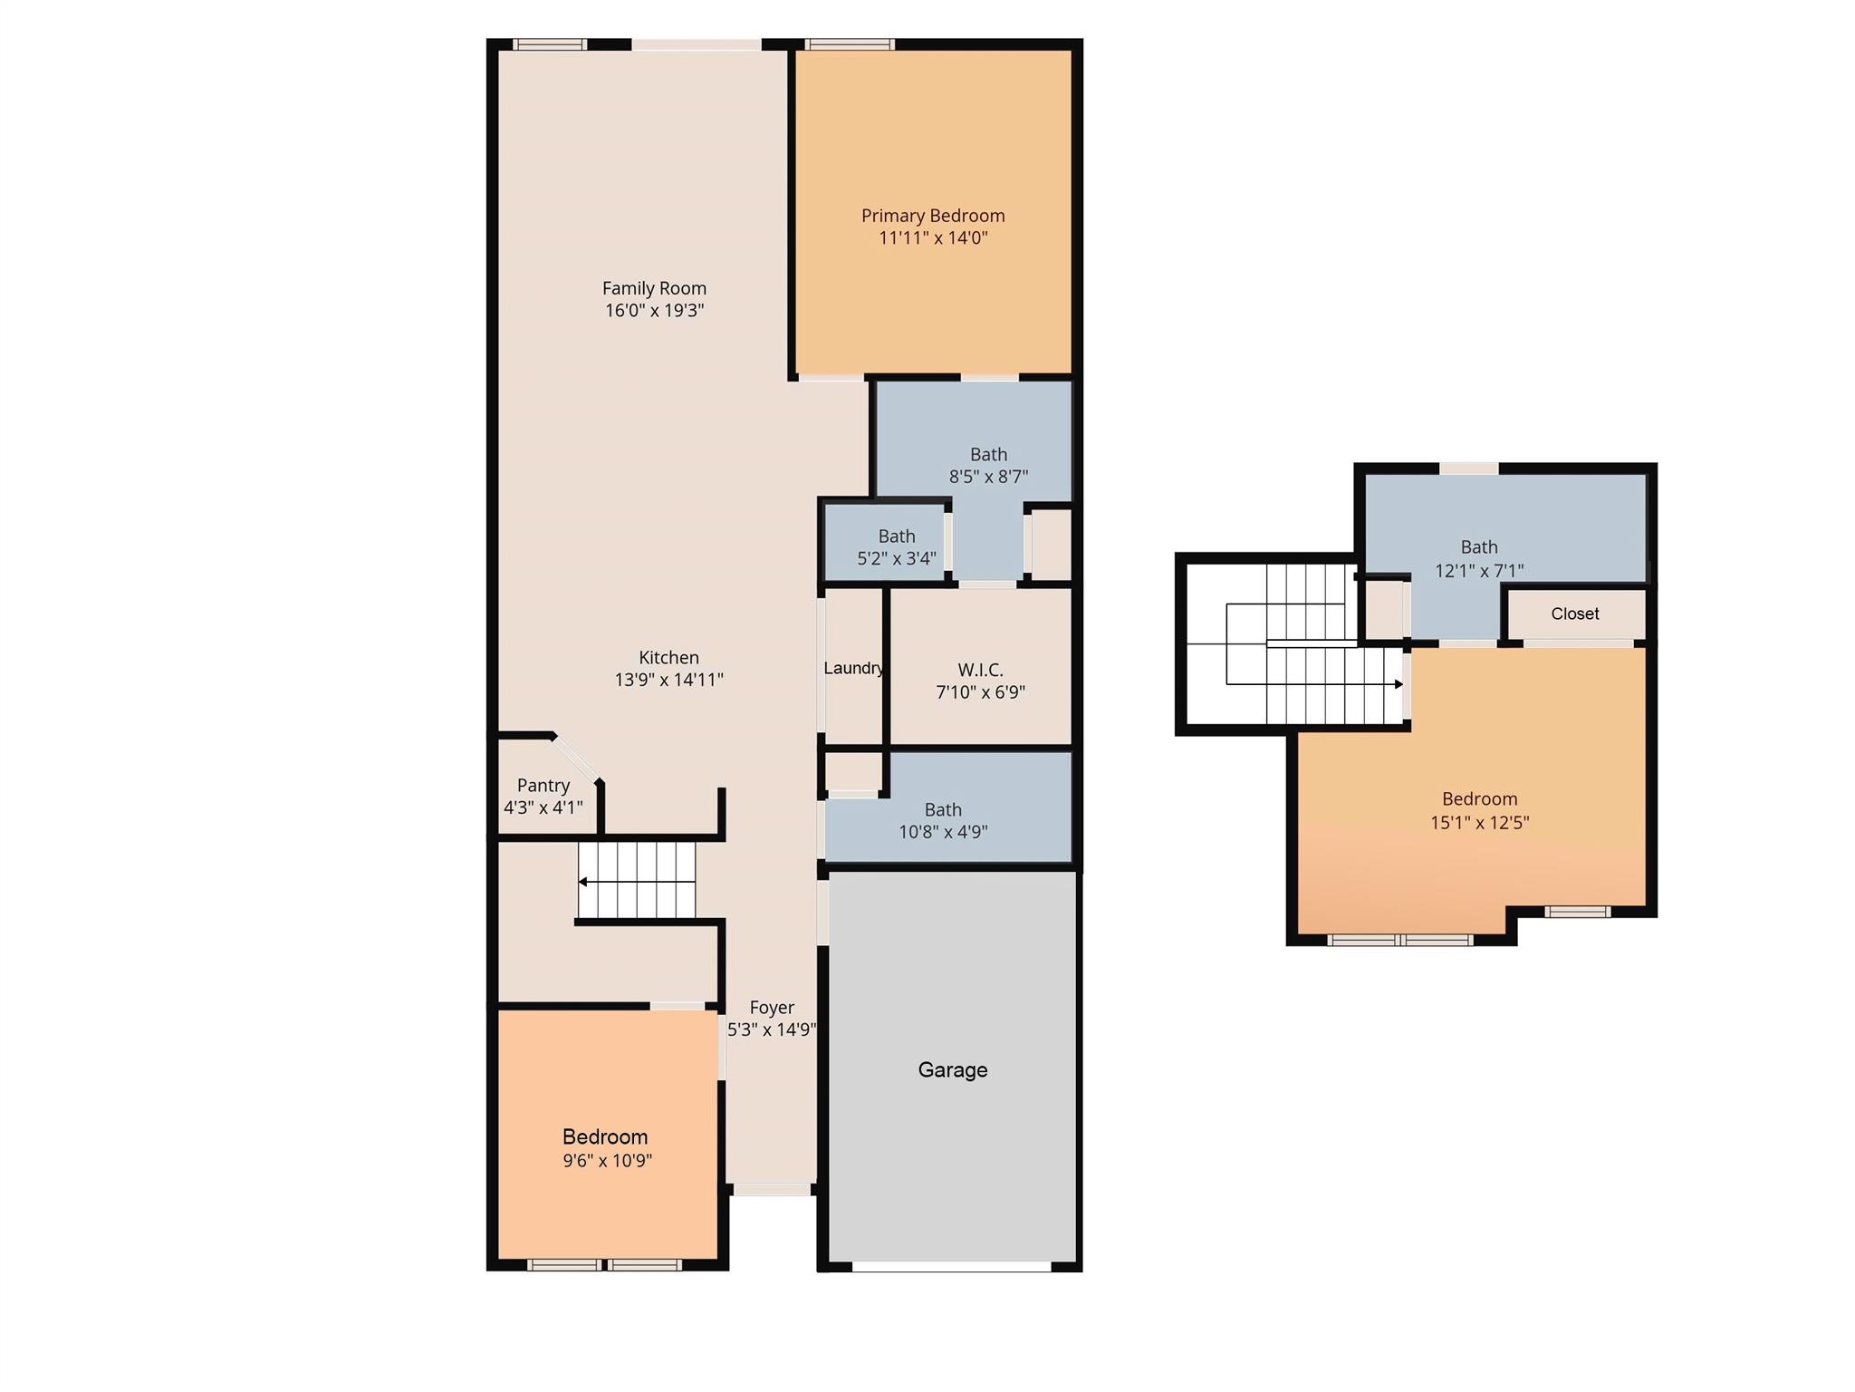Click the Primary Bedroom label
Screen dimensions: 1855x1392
933,216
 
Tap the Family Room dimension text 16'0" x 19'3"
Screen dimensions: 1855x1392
655,310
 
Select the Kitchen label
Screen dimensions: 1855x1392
669,657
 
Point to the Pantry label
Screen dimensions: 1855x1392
543,785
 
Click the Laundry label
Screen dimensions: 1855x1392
853,668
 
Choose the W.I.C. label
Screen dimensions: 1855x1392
981,670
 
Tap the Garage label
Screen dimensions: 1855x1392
953,1069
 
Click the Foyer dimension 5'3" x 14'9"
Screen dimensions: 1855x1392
772,1029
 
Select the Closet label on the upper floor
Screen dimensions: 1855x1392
1575,614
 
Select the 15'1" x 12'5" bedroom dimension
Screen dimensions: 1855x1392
1480,823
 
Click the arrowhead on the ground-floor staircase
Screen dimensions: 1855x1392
583,882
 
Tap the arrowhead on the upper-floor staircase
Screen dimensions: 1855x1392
1399,684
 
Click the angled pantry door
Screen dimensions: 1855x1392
575,758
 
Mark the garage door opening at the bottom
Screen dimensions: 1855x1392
952,1266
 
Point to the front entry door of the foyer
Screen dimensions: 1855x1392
772,1190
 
